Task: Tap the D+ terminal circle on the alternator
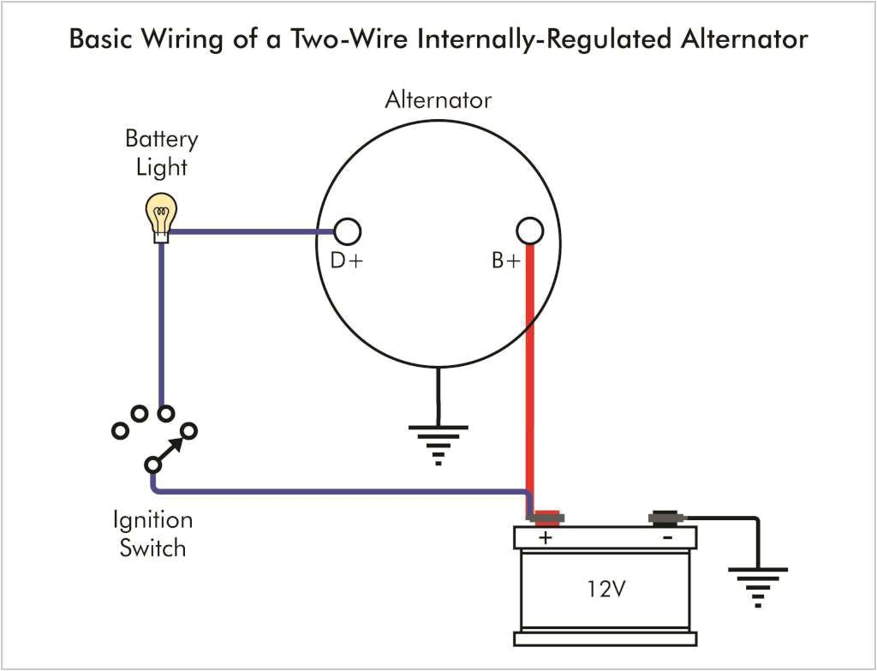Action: point(347,231)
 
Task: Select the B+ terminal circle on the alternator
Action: point(530,231)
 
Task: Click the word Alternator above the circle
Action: point(438,100)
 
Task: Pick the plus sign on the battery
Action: point(545,538)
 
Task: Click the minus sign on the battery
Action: point(667,538)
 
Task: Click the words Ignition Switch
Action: point(152,533)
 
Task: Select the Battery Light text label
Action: point(161,153)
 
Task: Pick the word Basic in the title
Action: point(99,39)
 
